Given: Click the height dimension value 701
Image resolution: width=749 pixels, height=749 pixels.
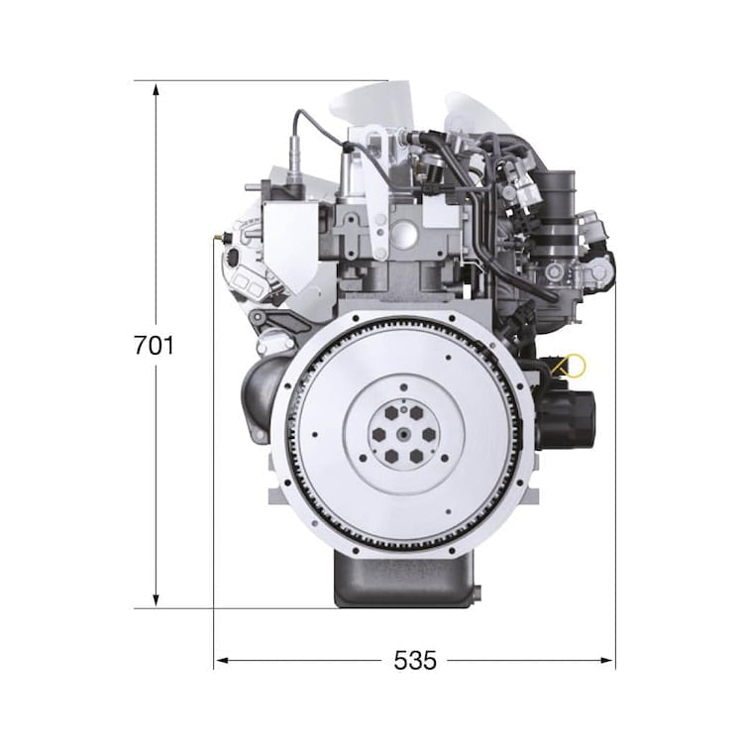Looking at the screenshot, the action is pyautogui.click(x=154, y=346).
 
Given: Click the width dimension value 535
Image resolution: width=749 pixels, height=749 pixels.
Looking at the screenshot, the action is pyautogui.click(x=415, y=661).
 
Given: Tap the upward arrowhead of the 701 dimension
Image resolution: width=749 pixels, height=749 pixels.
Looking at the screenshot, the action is pyautogui.click(x=156, y=89).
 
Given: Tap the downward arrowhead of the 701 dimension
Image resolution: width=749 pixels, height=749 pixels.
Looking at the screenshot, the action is pyautogui.click(x=156, y=601).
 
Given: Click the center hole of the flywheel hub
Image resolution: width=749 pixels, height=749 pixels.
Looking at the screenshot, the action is pyautogui.click(x=404, y=434).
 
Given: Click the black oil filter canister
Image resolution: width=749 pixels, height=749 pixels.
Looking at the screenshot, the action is pyautogui.click(x=567, y=420).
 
